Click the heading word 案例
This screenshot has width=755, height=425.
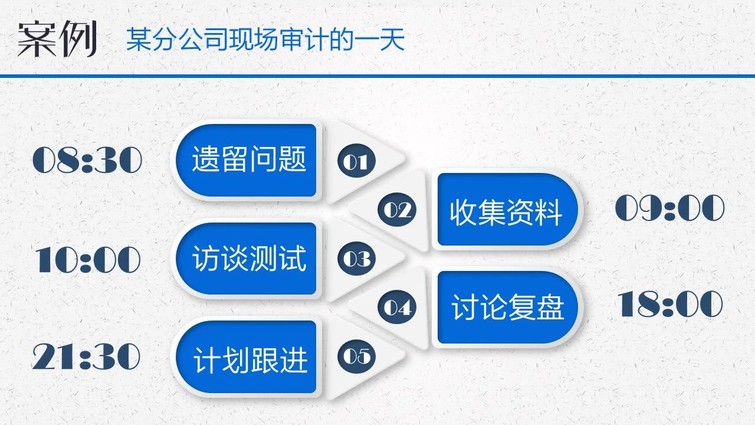pyautogui.click(x=57, y=39)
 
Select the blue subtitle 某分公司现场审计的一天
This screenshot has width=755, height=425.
pyautogui.click(x=265, y=40)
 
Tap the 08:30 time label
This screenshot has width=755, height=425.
pyautogui.click(x=87, y=160)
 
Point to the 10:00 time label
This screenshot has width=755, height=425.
pyautogui.click(x=88, y=259)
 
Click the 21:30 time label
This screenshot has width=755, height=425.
pyautogui.click(x=86, y=356)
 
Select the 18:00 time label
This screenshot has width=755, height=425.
pyautogui.click(x=670, y=304)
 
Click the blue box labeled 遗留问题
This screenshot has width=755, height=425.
pyautogui.click(x=246, y=160)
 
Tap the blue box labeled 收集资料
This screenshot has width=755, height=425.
pyautogui.click(x=508, y=210)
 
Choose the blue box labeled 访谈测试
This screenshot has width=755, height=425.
pyautogui.click(x=246, y=259)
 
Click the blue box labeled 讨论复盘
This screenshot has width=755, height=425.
pyautogui.click(x=508, y=308)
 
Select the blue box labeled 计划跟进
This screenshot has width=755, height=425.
pyautogui.click(x=246, y=357)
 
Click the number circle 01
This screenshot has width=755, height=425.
pyautogui.click(x=356, y=161)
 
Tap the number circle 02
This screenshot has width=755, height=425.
pyautogui.click(x=397, y=210)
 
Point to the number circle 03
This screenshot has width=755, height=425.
pyautogui.click(x=356, y=259)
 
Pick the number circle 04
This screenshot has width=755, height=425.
pyautogui.click(x=397, y=307)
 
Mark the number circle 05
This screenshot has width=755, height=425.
pyautogui.click(x=356, y=356)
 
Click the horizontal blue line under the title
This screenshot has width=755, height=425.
pyautogui.click(x=377, y=76)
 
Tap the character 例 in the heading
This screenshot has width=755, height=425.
pyautogui.click(x=78, y=39)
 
